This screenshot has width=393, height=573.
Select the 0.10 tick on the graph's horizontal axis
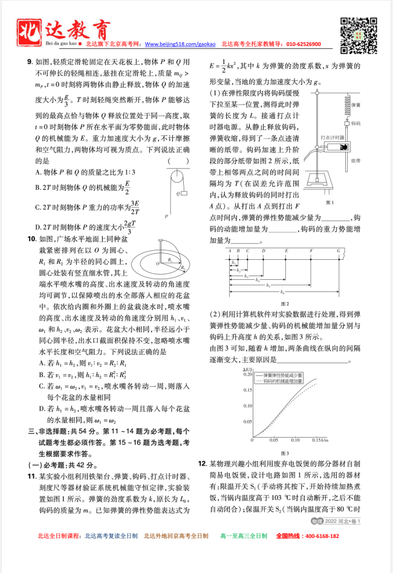pos(295,439)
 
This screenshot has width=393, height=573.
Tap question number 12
pos(202,462)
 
